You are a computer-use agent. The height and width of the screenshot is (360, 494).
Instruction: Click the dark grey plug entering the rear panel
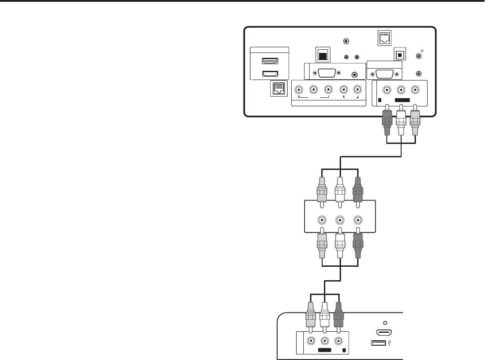[x=387, y=123]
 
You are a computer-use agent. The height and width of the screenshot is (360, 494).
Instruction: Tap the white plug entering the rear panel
[x=402, y=123]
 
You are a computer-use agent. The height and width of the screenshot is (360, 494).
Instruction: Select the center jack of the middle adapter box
[x=340, y=220]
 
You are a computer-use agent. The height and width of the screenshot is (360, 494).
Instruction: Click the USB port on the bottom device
[x=379, y=344]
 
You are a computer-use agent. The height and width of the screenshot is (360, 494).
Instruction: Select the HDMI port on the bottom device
[x=383, y=333]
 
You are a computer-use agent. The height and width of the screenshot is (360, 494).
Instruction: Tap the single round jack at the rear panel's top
[x=346, y=41]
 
